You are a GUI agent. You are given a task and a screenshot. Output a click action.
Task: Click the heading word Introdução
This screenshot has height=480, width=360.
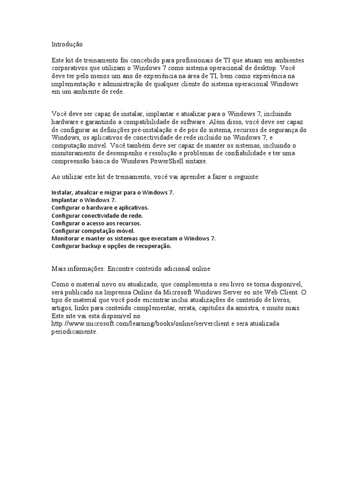pos(67,44)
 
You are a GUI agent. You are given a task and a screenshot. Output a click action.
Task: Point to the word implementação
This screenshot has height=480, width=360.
pos(73,84)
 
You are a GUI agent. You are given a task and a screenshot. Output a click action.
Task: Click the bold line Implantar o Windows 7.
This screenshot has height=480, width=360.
pos(83,200)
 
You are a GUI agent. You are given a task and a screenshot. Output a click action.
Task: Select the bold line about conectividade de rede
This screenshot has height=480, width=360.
pos(97,215)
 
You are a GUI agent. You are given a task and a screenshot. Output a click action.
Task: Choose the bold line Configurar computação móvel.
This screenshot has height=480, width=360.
pos(93,231)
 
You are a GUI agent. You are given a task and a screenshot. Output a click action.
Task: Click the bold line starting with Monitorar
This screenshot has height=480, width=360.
pos(133,238)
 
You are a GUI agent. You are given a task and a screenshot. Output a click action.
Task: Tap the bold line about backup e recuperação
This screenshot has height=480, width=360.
pos(112,246)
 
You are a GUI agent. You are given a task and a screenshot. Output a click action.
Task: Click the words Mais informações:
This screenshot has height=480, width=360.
pos(77,269)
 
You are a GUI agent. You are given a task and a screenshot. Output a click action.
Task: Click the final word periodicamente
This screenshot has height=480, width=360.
pos(74,331)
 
